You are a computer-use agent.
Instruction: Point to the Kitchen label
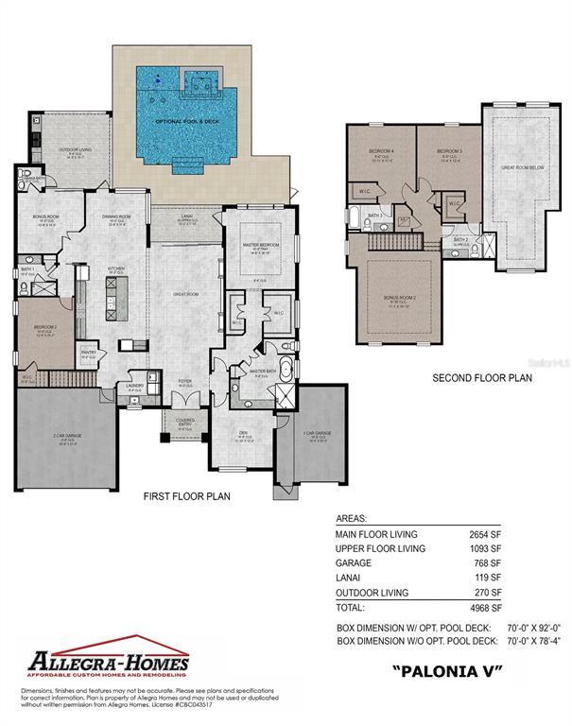(x=116, y=268)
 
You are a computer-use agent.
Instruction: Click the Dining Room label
(x=116, y=216)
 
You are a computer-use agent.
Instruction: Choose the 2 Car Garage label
(x=65, y=438)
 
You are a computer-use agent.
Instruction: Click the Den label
(x=243, y=436)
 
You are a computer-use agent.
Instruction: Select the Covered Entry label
(x=185, y=423)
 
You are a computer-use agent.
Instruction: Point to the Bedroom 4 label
(x=380, y=151)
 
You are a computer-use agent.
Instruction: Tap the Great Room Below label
(x=520, y=167)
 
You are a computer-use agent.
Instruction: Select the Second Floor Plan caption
(x=482, y=378)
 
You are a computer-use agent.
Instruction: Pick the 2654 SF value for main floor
(x=484, y=533)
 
